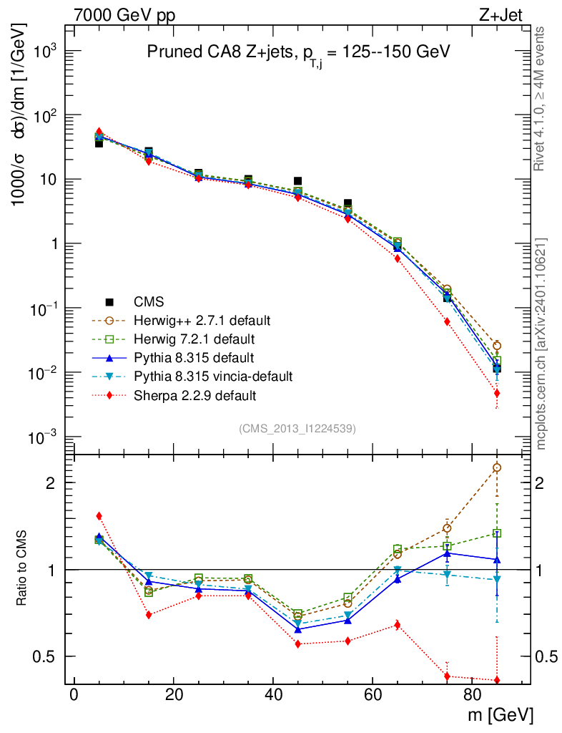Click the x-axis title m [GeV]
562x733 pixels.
(x=501, y=715)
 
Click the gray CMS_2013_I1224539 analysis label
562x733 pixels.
(x=297, y=428)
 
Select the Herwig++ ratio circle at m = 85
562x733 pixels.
(x=497, y=467)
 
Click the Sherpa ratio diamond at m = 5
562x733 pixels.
(x=99, y=516)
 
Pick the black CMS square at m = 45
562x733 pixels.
(x=298, y=181)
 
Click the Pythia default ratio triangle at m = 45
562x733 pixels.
(x=298, y=629)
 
